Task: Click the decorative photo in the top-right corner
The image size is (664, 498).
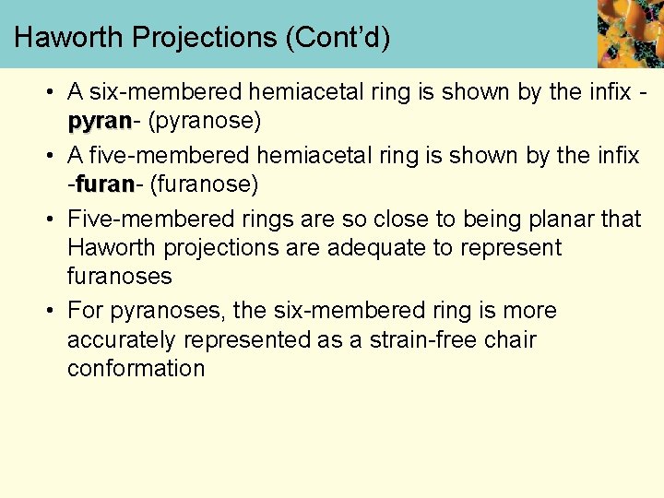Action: pos(630,33)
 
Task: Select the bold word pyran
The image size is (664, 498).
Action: pos(100,121)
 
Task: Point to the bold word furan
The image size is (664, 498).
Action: pos(104,184)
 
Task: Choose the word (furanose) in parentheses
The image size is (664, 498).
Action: pos(203,184)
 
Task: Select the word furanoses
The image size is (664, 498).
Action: pos(120,277)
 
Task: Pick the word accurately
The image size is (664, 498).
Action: pos(122,339)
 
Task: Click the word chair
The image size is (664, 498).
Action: pos(510,339)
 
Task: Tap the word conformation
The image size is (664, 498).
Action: pos(136,368)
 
